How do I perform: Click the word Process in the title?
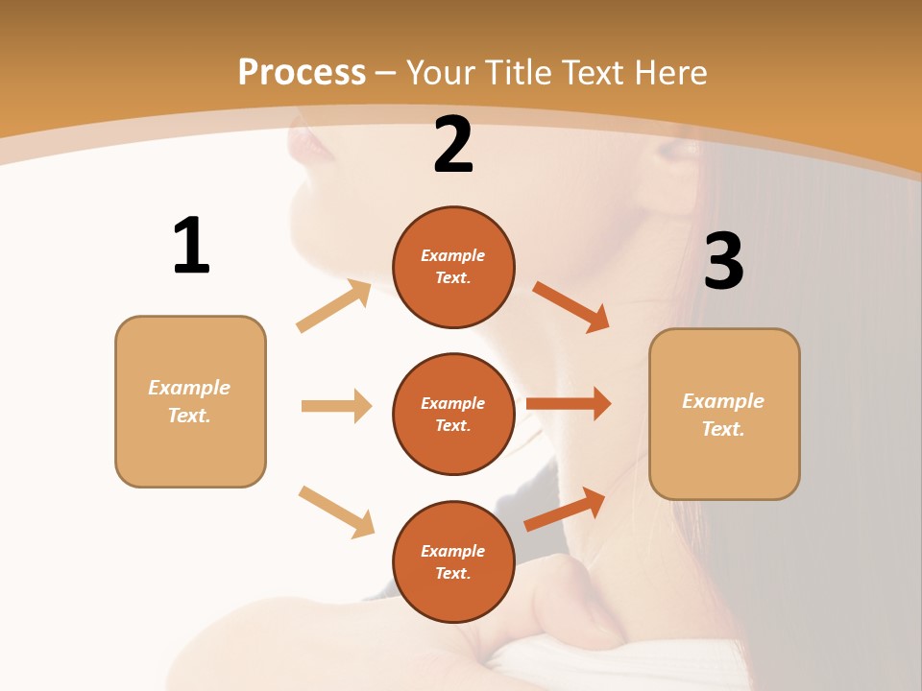click(x=302, y=73)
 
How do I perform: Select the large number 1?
click(x=191, y=247)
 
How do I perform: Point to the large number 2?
click(x=453, y=146)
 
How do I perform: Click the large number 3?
click(x=723, y=261)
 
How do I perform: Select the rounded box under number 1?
click(x=190, y=401)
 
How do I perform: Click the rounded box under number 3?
click(x=724, y=414)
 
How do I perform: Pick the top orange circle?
click(x=453, y=267)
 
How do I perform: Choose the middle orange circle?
click(x=453, y=414)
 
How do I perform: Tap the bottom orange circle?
click(x=453, y=561)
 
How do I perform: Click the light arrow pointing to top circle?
click(x=334, y=306)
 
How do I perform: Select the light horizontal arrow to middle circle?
click(x=336, y=406)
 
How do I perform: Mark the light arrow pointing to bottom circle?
click(x=336, y=512)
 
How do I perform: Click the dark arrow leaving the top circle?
click(x=570, y=306)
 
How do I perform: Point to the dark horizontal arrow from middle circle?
click(x=568, y=404)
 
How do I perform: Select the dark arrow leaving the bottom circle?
click(x=565, y=510)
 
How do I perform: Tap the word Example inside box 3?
click(x=723, y=401)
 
